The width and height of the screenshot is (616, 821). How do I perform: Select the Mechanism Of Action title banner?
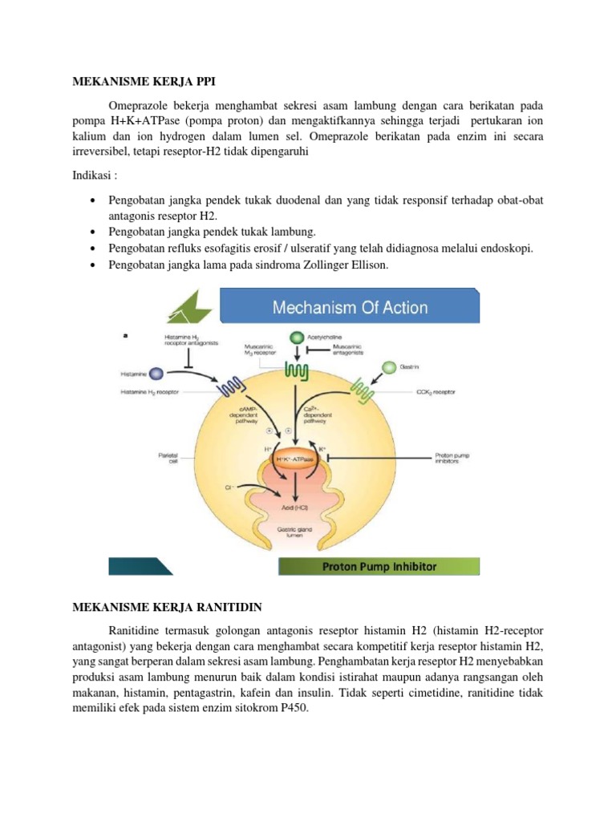point(351,307)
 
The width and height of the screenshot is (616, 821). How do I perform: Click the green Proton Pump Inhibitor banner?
point(379,567)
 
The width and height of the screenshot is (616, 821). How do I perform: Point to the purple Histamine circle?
point(156,374)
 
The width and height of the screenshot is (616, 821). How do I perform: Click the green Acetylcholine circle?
point(297,338)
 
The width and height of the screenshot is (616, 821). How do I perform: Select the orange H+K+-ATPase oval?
point(297,458)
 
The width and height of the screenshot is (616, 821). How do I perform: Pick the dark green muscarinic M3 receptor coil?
point(298,374)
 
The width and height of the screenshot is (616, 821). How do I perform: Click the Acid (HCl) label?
point(297,508)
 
